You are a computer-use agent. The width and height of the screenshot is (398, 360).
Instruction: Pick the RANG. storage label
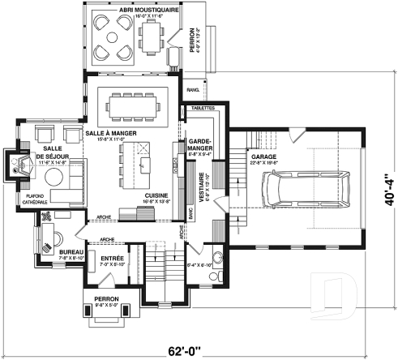coord(193,90)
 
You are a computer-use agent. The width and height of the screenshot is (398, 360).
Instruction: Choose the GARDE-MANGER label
coord(199,145)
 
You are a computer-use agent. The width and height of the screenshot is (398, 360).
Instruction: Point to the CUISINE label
coord(156,195)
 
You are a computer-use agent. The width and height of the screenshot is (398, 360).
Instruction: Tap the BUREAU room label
coord(73,251)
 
